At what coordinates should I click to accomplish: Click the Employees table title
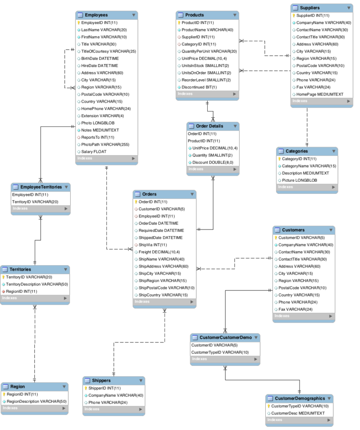tap(96, 15)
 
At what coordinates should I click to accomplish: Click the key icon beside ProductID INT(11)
tap(179, 22)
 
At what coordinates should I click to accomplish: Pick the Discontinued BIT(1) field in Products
tap(199, 87)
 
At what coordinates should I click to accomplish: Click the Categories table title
tap(297, 151)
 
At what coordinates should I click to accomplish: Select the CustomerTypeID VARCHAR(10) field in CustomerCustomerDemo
tap(220, 352)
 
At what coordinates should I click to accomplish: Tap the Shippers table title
tap(102, 380)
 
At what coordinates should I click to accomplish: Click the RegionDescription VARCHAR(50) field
tap(37, 401)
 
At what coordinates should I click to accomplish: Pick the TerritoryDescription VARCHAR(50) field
tap(37, 284)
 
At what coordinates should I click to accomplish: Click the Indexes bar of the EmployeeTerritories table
tap(40, 208)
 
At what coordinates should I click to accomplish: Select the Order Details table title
tap(210, 126)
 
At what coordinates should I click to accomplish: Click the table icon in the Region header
tap(6, 387)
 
